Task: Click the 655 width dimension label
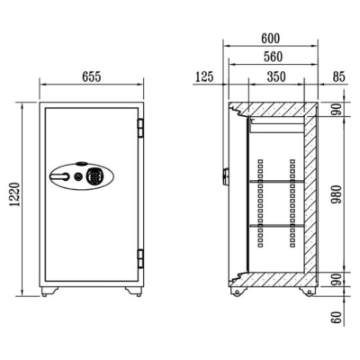coord(92,77)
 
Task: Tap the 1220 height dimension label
coord(15,194)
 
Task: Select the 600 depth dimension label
coord(271,39)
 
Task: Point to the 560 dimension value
coord(273,57)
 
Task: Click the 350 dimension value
coord(276,76)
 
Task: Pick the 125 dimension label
coord(204,76)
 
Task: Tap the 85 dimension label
coord(339,76)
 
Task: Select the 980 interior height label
coord(337,194)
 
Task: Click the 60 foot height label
coord(337,318)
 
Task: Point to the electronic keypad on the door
coord(94,176)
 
